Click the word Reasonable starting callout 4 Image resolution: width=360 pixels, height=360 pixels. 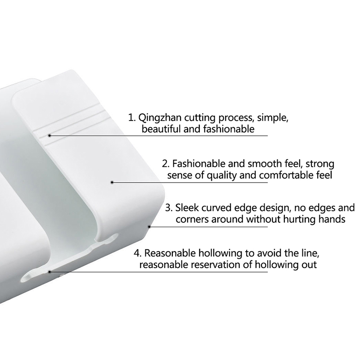coord(170,253)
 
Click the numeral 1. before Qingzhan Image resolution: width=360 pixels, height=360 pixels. coord(132,118)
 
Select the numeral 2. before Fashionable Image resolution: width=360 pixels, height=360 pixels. coord(166,164)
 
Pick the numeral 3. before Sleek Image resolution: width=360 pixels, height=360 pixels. coord(169,208)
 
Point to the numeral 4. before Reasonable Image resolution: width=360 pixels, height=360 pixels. coord(138,253)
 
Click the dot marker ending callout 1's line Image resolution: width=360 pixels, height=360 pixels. coord(49,135)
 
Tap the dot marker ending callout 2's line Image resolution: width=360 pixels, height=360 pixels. coord(112,183)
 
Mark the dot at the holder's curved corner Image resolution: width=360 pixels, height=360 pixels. coord(149,227)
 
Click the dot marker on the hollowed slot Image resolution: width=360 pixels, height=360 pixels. coord(49,272)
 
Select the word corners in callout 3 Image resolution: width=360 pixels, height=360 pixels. coord(192,219)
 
